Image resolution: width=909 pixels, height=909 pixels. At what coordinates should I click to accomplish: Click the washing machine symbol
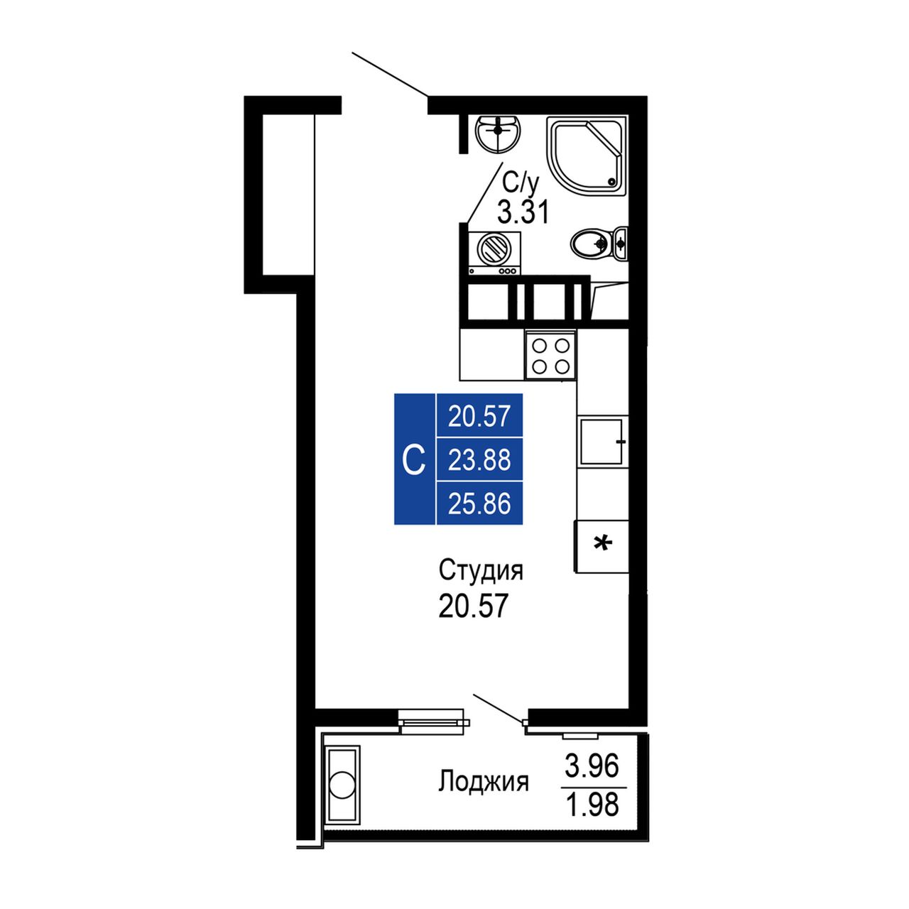click(494, 253)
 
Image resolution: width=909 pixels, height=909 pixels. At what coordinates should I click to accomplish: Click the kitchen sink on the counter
click(604, 441)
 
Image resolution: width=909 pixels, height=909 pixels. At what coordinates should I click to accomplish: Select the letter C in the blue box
click(414, 460)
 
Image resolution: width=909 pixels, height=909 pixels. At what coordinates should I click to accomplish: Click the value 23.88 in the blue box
click(479, 460)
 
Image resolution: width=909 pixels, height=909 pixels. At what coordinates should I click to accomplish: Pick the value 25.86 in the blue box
click(479, 504)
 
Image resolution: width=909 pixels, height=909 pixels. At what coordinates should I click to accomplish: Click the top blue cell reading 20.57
click(479, 417)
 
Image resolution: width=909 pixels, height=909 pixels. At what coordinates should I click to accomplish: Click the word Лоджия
click(484, 782)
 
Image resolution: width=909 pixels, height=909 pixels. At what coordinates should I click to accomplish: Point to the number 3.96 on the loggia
click(592, 766)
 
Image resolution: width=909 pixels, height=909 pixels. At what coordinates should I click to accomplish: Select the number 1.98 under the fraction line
click(592, 805)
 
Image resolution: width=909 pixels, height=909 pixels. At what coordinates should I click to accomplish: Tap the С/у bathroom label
click(520, 185)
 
